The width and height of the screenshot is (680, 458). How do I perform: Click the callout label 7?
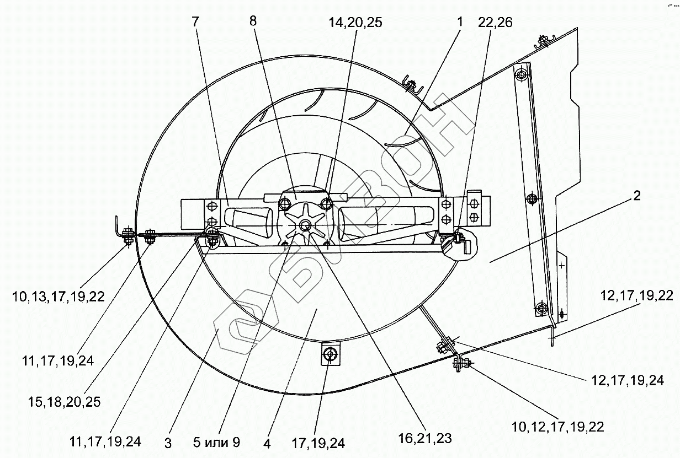tap(195, 23)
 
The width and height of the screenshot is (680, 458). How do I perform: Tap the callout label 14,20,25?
tap(355, 23)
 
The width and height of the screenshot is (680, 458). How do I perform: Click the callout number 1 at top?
tap(459, 23)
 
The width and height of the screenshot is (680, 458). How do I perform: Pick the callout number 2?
tap(636, 196)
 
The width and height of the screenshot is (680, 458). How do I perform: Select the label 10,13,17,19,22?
tap(59, 297)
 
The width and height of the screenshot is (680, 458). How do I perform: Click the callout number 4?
tap(267, 443)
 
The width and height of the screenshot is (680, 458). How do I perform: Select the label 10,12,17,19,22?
tap(557, 426)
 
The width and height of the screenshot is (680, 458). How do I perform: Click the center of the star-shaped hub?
tap(305, 224)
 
